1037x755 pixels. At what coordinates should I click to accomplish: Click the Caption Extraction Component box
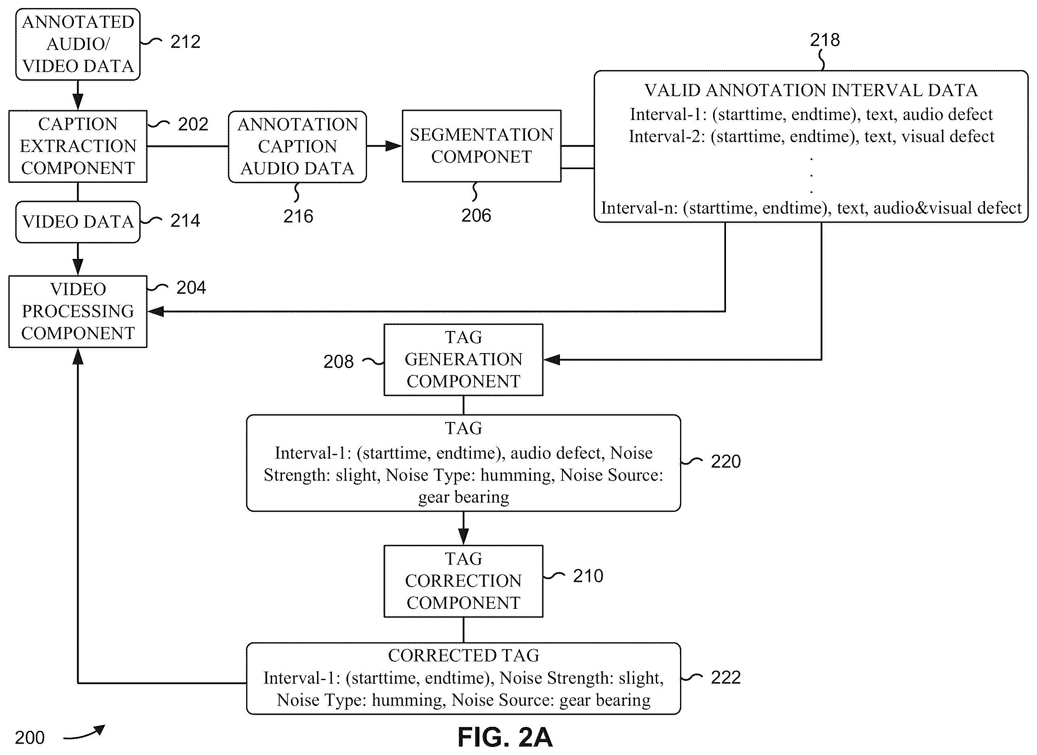coord(78,146)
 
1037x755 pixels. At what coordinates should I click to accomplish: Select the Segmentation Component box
coord(481,146)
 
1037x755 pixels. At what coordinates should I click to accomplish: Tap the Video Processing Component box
coord(78,311)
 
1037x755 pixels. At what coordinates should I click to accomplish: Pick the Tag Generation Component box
coord(463,360)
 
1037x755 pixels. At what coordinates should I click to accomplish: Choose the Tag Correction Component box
coord(463,581)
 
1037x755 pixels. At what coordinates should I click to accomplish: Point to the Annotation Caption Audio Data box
coord(297,147)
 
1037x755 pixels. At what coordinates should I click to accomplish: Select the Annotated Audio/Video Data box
coord(78,44)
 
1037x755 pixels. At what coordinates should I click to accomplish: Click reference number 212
coord(185,42)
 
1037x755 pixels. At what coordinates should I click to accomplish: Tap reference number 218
coord(825,40)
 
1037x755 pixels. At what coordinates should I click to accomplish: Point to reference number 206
coord(476,216)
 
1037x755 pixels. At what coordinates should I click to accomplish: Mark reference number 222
coord(726,677)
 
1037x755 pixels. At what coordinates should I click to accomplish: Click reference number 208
coord(338,362)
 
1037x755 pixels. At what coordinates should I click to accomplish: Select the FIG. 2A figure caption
coord(505,737)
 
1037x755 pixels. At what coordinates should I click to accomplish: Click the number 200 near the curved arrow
coord(30,738)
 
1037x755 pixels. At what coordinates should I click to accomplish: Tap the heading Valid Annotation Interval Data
coord(811,91)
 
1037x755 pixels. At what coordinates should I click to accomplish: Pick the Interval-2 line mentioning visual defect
coord(811,137)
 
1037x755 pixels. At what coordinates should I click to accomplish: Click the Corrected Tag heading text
coord(464,656)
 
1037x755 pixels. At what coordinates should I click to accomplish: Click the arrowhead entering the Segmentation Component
coord(394,146)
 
